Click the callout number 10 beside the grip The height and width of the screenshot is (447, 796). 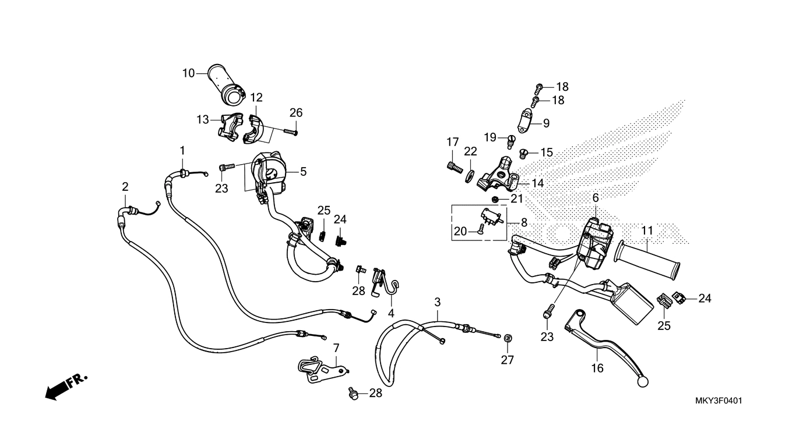tap(188, 73)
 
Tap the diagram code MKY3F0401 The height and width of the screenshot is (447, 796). tap(718, 401)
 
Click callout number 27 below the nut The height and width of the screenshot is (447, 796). tap(508, 360)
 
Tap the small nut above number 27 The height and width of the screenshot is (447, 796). tap(508, 338)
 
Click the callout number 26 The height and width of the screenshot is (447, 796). tap(296, 112)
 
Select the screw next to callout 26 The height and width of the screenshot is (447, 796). tap(290, 132)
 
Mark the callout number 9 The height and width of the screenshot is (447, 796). tap(546, 123)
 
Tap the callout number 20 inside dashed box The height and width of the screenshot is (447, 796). tap(460, 232)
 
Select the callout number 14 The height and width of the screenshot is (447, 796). tap(537, 183)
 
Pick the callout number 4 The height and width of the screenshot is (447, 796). tap(391, 314)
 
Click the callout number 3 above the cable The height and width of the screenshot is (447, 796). tap(438, 302)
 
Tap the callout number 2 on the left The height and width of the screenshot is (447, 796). tap(125, 187)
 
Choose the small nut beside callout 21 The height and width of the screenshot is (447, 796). tap(494, 199)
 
